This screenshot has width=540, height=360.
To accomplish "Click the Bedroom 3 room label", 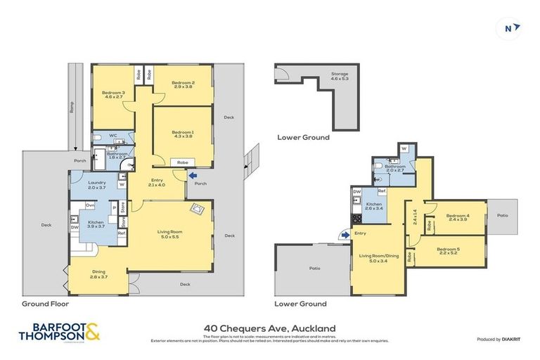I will [x=113, y=93].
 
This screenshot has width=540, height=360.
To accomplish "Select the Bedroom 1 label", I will [x=183, y=131].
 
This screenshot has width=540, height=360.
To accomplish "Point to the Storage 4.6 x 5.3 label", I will [x=340, y=76].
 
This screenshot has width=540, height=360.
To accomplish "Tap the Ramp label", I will [x=72, y=107].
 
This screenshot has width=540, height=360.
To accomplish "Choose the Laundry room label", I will [x=97, y=183].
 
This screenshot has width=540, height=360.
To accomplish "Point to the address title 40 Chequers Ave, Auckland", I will [x=269, y=328].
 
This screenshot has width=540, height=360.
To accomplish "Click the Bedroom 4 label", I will [x=457, y=215].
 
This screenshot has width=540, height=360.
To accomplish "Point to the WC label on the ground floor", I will [x=112, y=136].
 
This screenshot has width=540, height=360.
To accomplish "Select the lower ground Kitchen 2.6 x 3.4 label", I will [x=373, y=205].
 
